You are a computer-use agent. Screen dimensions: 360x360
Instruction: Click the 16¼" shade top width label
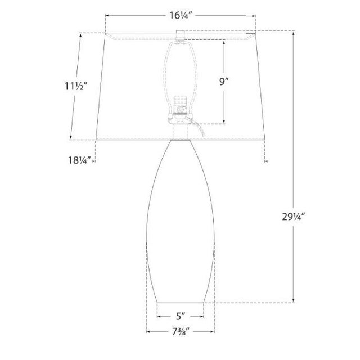(180, 16)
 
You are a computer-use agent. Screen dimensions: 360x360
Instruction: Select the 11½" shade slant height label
(76, 86)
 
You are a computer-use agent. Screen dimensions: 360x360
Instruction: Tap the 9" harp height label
(224, 81)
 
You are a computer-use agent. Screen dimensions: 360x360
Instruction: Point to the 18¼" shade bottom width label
(79, 160)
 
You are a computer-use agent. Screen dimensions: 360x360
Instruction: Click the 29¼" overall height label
(293, 217)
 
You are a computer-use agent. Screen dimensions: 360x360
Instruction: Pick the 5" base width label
(181, 316)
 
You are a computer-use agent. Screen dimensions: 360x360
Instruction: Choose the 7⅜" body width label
(181, 331)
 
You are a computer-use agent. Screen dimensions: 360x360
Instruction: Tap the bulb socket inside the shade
(179, 109)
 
